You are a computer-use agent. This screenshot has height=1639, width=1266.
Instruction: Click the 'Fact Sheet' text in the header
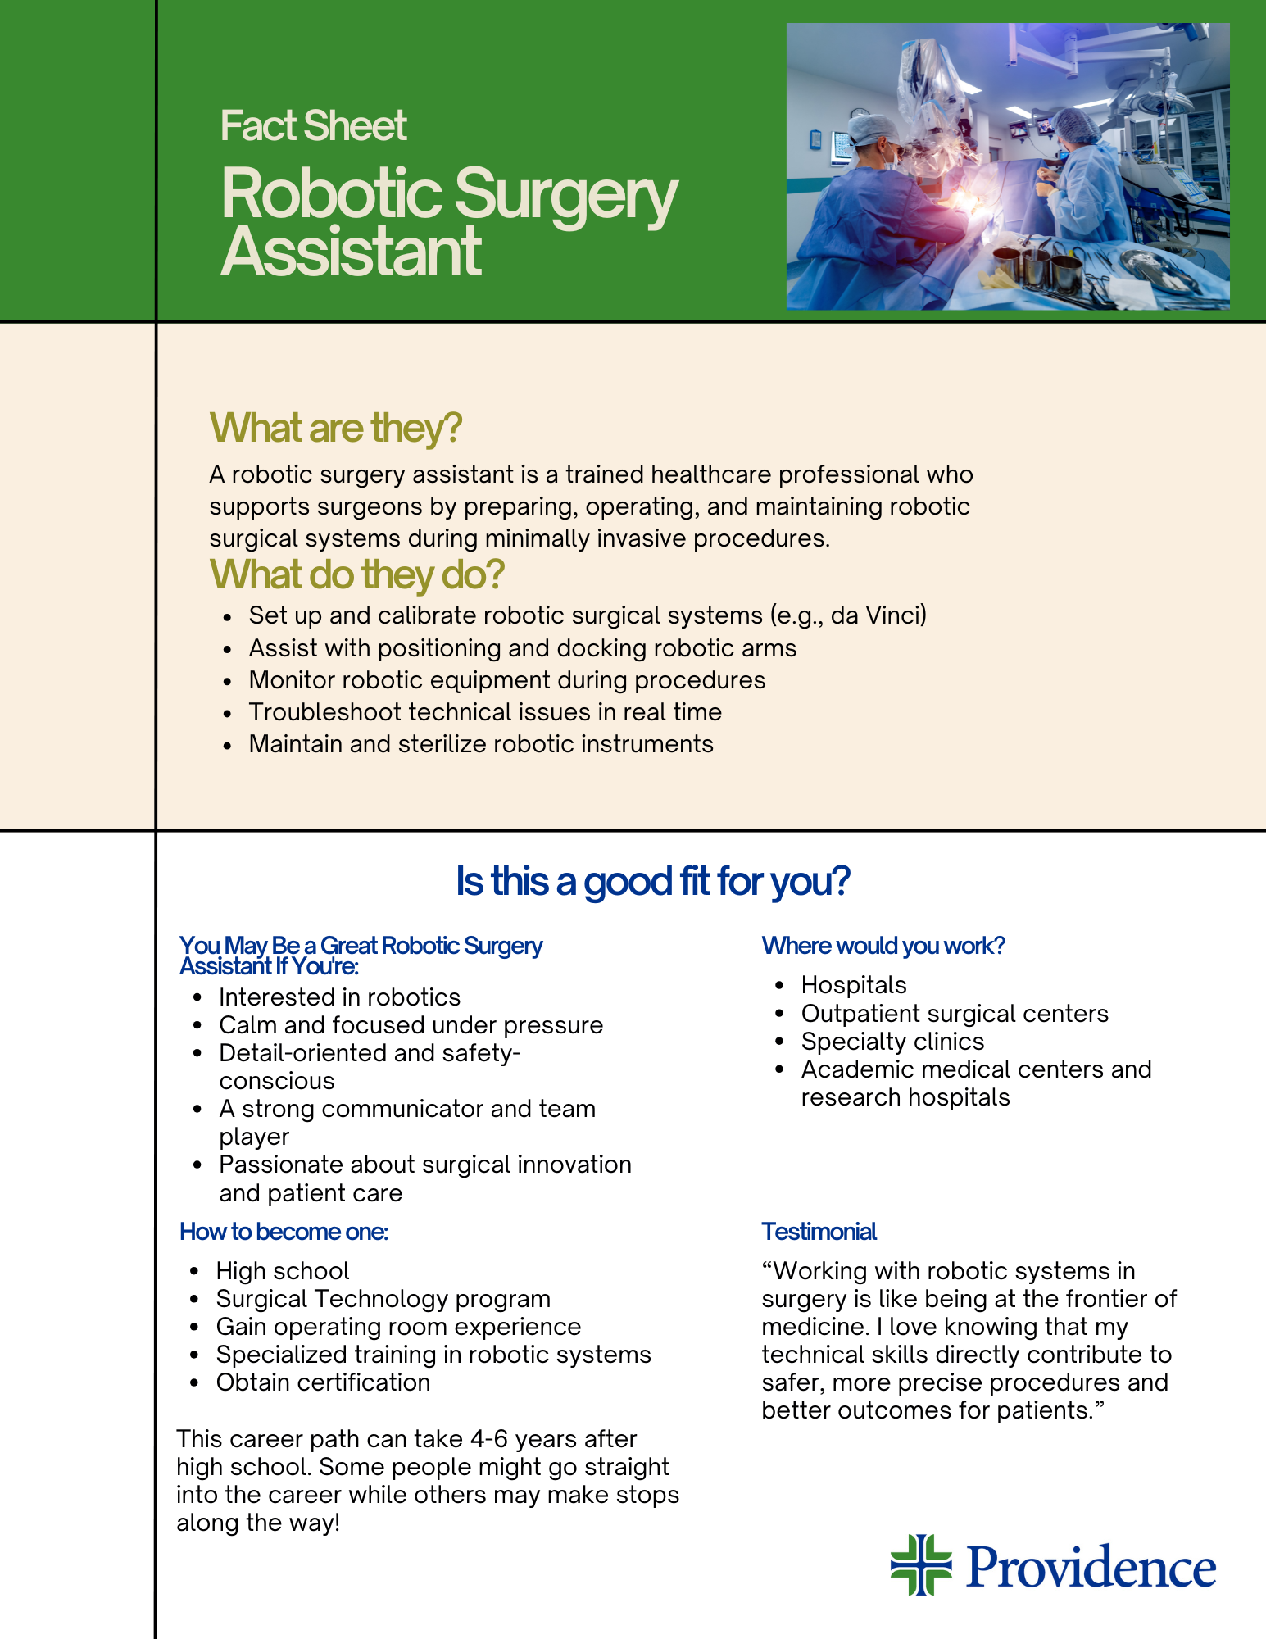click(313, 126)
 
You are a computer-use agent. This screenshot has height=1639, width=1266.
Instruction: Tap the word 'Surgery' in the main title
click(565, 195)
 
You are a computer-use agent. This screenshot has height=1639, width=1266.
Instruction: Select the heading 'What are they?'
click(336, 428)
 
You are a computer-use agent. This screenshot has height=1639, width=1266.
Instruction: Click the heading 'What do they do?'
click(356, 574)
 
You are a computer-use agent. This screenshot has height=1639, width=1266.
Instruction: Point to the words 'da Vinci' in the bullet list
click(876, 615)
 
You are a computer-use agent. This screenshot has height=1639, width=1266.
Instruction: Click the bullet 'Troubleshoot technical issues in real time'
click(485, 712)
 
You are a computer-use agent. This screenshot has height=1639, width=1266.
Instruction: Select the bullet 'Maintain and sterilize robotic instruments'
click(481, 744)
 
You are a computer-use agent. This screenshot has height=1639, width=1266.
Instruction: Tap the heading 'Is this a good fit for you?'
click(652, 881)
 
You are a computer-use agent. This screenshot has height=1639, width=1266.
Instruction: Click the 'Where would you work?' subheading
click(883, 946)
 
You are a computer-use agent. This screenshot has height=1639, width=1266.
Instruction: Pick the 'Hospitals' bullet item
click(854, 985)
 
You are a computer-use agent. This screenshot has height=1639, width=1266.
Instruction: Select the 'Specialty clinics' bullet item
click(892, 1042)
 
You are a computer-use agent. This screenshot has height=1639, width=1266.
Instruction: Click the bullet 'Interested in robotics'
click(339, 997)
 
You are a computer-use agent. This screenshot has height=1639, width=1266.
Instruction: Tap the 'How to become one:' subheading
click(284, 1232)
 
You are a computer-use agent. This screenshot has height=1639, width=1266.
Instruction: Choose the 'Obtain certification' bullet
click(323, 1382)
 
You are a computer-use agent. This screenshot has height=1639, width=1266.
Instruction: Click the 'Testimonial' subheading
click(819, 1232)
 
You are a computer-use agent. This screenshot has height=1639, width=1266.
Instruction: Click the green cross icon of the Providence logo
click(921, 1565)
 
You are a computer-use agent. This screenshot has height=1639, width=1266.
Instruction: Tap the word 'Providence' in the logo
click(1091, 1567)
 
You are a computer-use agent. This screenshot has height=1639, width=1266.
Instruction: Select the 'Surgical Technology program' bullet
click(383, 1299)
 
